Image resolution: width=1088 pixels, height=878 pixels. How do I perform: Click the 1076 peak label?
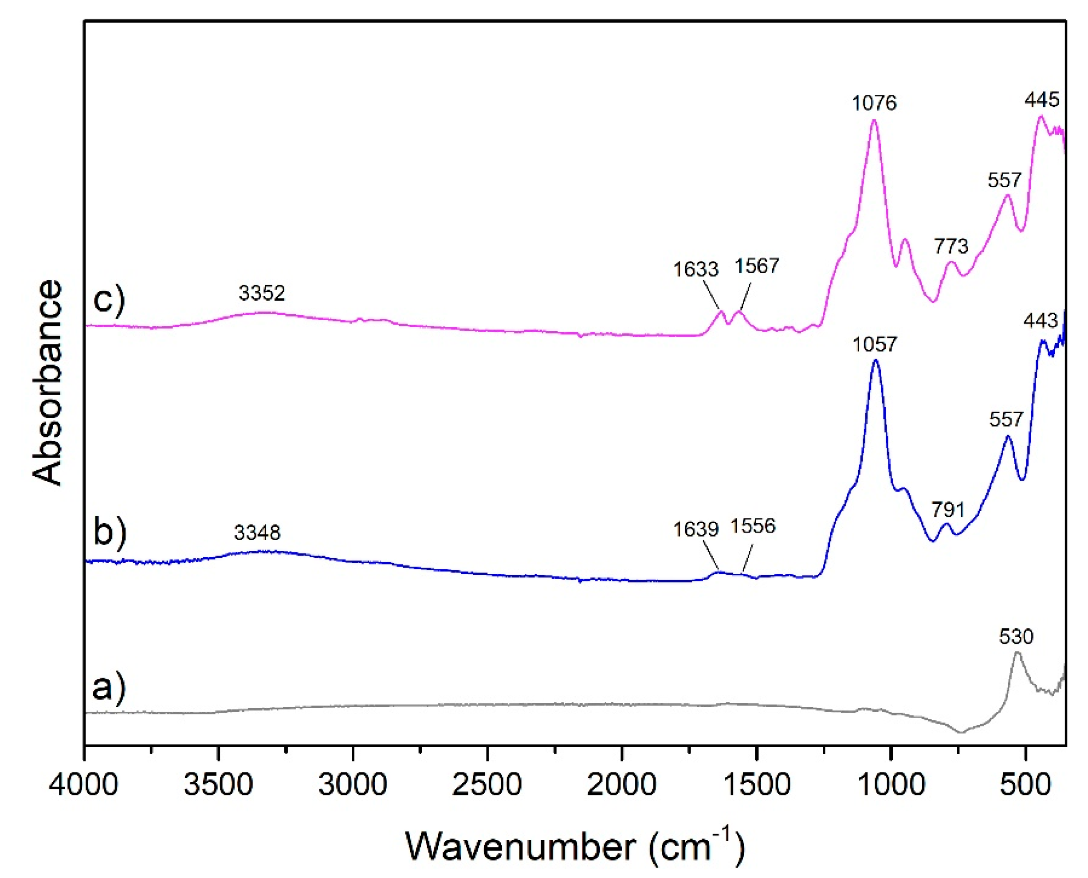coord(874,103)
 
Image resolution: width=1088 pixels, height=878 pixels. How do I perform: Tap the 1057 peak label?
coord(875,345)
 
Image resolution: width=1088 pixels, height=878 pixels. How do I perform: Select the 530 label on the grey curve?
coord(1016,637)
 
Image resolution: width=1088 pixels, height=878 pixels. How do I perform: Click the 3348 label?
coord(257,533)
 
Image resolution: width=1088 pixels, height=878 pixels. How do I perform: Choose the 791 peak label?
coord(948,510)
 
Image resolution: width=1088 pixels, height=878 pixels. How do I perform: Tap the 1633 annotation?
coord(695,270)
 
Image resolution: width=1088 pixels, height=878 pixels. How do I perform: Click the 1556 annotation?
coord(753,526)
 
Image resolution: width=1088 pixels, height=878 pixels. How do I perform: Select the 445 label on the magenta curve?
coord(1041,100)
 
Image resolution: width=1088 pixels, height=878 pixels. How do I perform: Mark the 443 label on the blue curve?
coord(1041,321)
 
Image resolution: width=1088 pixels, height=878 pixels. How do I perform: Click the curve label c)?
coord(109,302)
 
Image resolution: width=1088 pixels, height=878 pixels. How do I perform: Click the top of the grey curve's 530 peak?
coord(1017,654)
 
